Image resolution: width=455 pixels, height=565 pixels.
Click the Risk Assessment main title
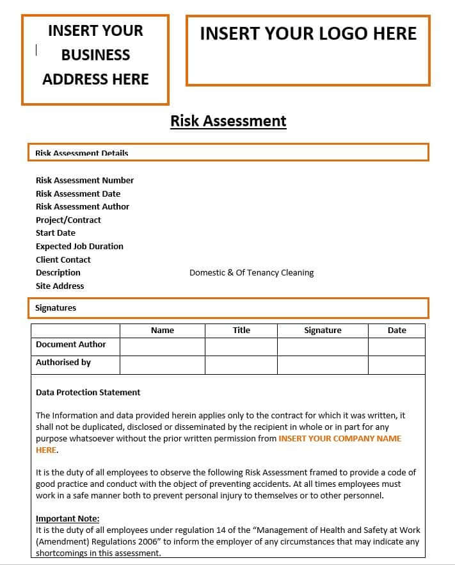228,120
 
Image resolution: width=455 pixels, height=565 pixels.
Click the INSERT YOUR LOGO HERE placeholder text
308,34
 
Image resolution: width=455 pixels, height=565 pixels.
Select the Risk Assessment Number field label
84,180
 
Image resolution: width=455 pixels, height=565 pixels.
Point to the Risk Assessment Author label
83,206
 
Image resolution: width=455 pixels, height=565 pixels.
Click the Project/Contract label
68,220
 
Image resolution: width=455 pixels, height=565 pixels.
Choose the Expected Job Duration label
79,246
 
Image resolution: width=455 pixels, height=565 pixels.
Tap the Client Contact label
63,259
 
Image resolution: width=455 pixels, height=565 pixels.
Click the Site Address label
60,286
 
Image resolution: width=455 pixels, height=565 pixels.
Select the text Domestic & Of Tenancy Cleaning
251,272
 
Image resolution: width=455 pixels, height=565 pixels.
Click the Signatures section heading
56,307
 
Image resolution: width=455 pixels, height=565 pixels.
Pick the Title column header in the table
241,330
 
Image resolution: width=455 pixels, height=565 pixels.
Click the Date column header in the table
397,330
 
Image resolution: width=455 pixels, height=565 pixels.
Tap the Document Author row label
71,344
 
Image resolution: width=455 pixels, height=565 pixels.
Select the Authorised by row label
63,362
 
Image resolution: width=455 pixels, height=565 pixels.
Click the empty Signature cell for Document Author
323,347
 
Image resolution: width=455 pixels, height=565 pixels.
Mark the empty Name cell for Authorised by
163,365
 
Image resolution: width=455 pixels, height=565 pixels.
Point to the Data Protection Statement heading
88,392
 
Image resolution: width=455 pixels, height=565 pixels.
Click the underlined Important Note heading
68,518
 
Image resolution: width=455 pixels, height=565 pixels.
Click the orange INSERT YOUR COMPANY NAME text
340,438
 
